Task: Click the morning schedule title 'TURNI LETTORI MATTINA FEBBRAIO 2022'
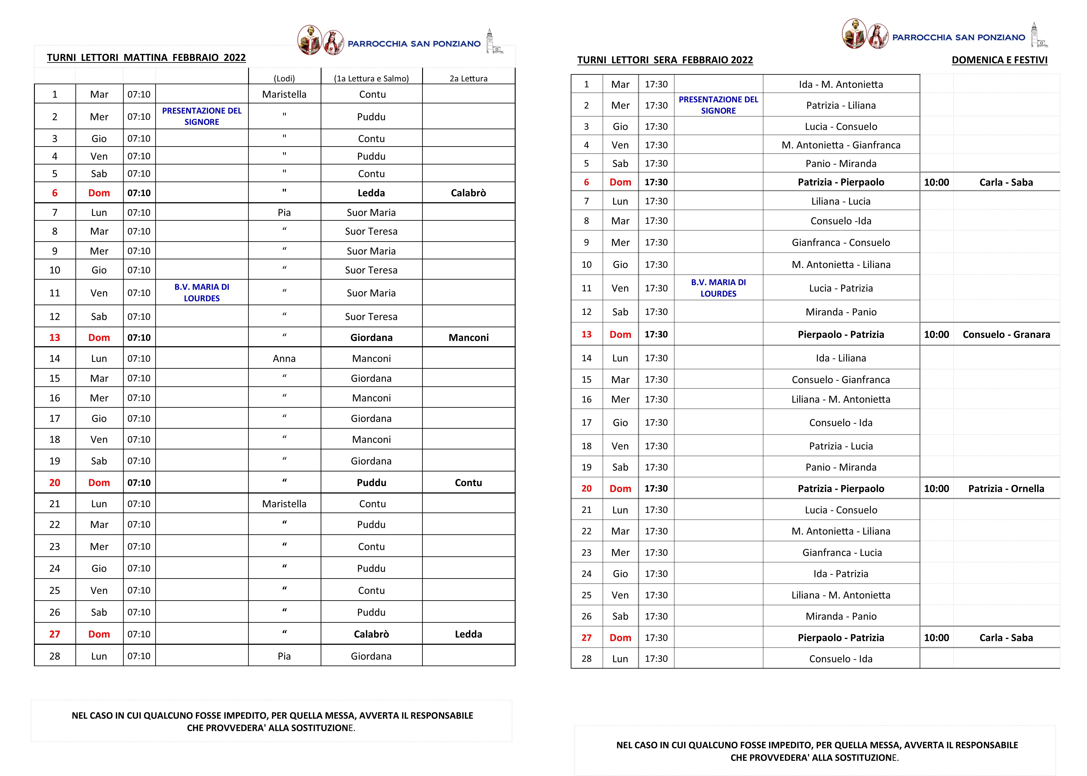[146, 58]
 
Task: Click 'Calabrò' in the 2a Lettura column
[468, 193]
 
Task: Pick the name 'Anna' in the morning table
[284, 358]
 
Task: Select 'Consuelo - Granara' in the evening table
[1006, 335]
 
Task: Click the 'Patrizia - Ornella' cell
[1006, 488]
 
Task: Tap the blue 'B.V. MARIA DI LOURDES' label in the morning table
[202, 292]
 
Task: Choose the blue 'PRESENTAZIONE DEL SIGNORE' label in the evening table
[718, 105]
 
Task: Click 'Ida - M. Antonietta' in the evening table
[841, 85]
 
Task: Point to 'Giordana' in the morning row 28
[371, 656]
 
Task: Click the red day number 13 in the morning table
[54, 337]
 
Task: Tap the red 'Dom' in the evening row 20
[620, 488]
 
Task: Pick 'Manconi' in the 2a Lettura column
[468, 337]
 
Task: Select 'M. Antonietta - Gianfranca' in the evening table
[841, 145]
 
